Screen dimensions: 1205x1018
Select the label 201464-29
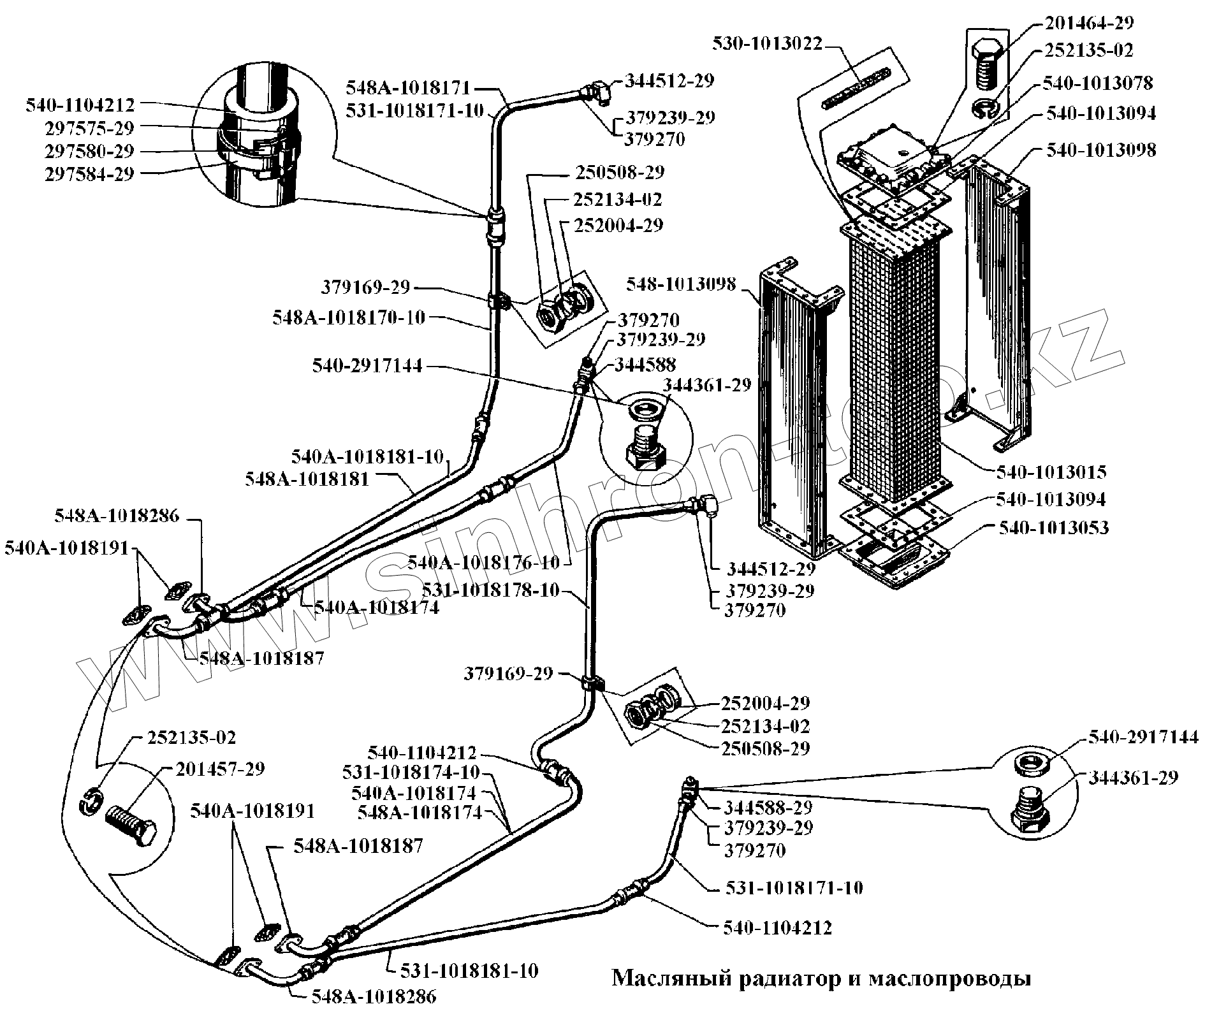click(x=1088, y=24)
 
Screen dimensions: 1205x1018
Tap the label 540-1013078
click(x=1098, y=83)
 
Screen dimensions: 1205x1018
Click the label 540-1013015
click(x=1051, y=472)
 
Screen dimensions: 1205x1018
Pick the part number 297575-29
click(x=90, y=128)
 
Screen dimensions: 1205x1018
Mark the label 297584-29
click(x=90, y=174)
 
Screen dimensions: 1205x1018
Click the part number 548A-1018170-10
click(x=349, y=317)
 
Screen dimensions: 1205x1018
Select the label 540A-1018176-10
click(x=483, y=563)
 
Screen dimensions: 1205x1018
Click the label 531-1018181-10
click(x=469, y=971)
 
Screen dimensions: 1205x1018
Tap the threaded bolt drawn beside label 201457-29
click(x=131, y=823)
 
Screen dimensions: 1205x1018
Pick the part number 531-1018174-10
click(x=411, y=772)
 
